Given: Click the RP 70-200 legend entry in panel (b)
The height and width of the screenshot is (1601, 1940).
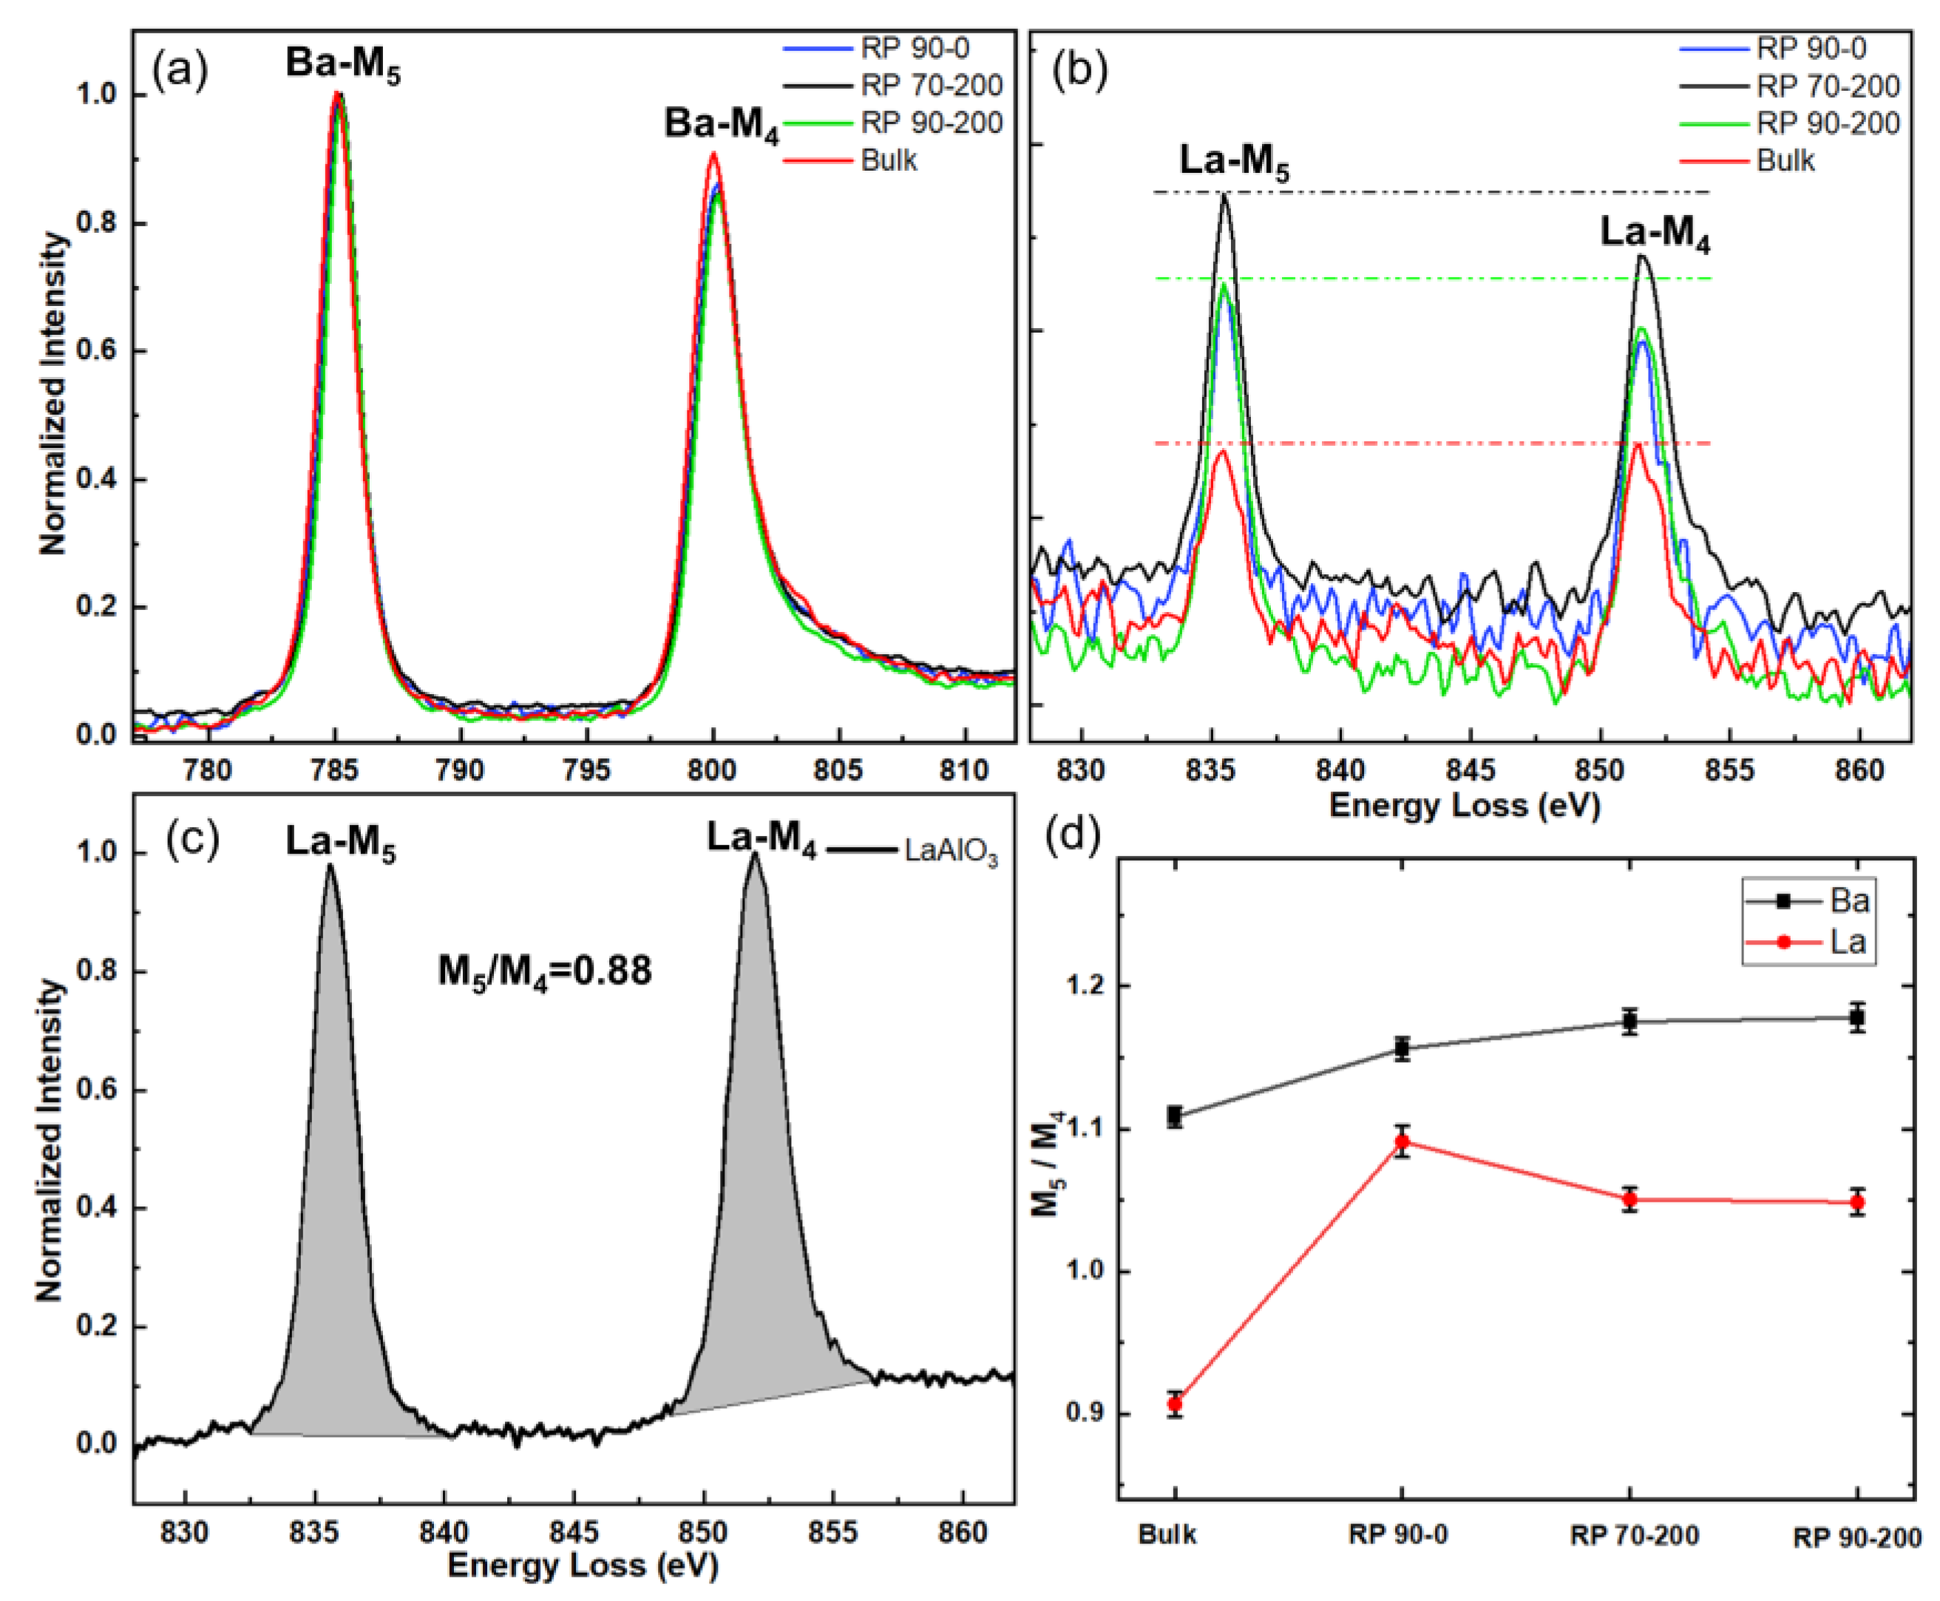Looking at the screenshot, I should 1828,86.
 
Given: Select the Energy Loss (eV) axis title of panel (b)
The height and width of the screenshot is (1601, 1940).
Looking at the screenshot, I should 1464,805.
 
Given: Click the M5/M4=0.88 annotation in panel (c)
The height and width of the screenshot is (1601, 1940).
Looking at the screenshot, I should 544,971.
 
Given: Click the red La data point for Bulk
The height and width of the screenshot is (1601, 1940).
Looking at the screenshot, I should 1174,1404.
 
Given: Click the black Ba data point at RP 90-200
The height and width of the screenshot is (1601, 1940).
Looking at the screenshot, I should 1857,1018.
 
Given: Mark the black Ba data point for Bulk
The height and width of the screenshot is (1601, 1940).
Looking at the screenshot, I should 1174,1116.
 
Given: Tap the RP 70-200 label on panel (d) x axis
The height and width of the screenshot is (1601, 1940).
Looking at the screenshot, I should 1634,1535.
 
